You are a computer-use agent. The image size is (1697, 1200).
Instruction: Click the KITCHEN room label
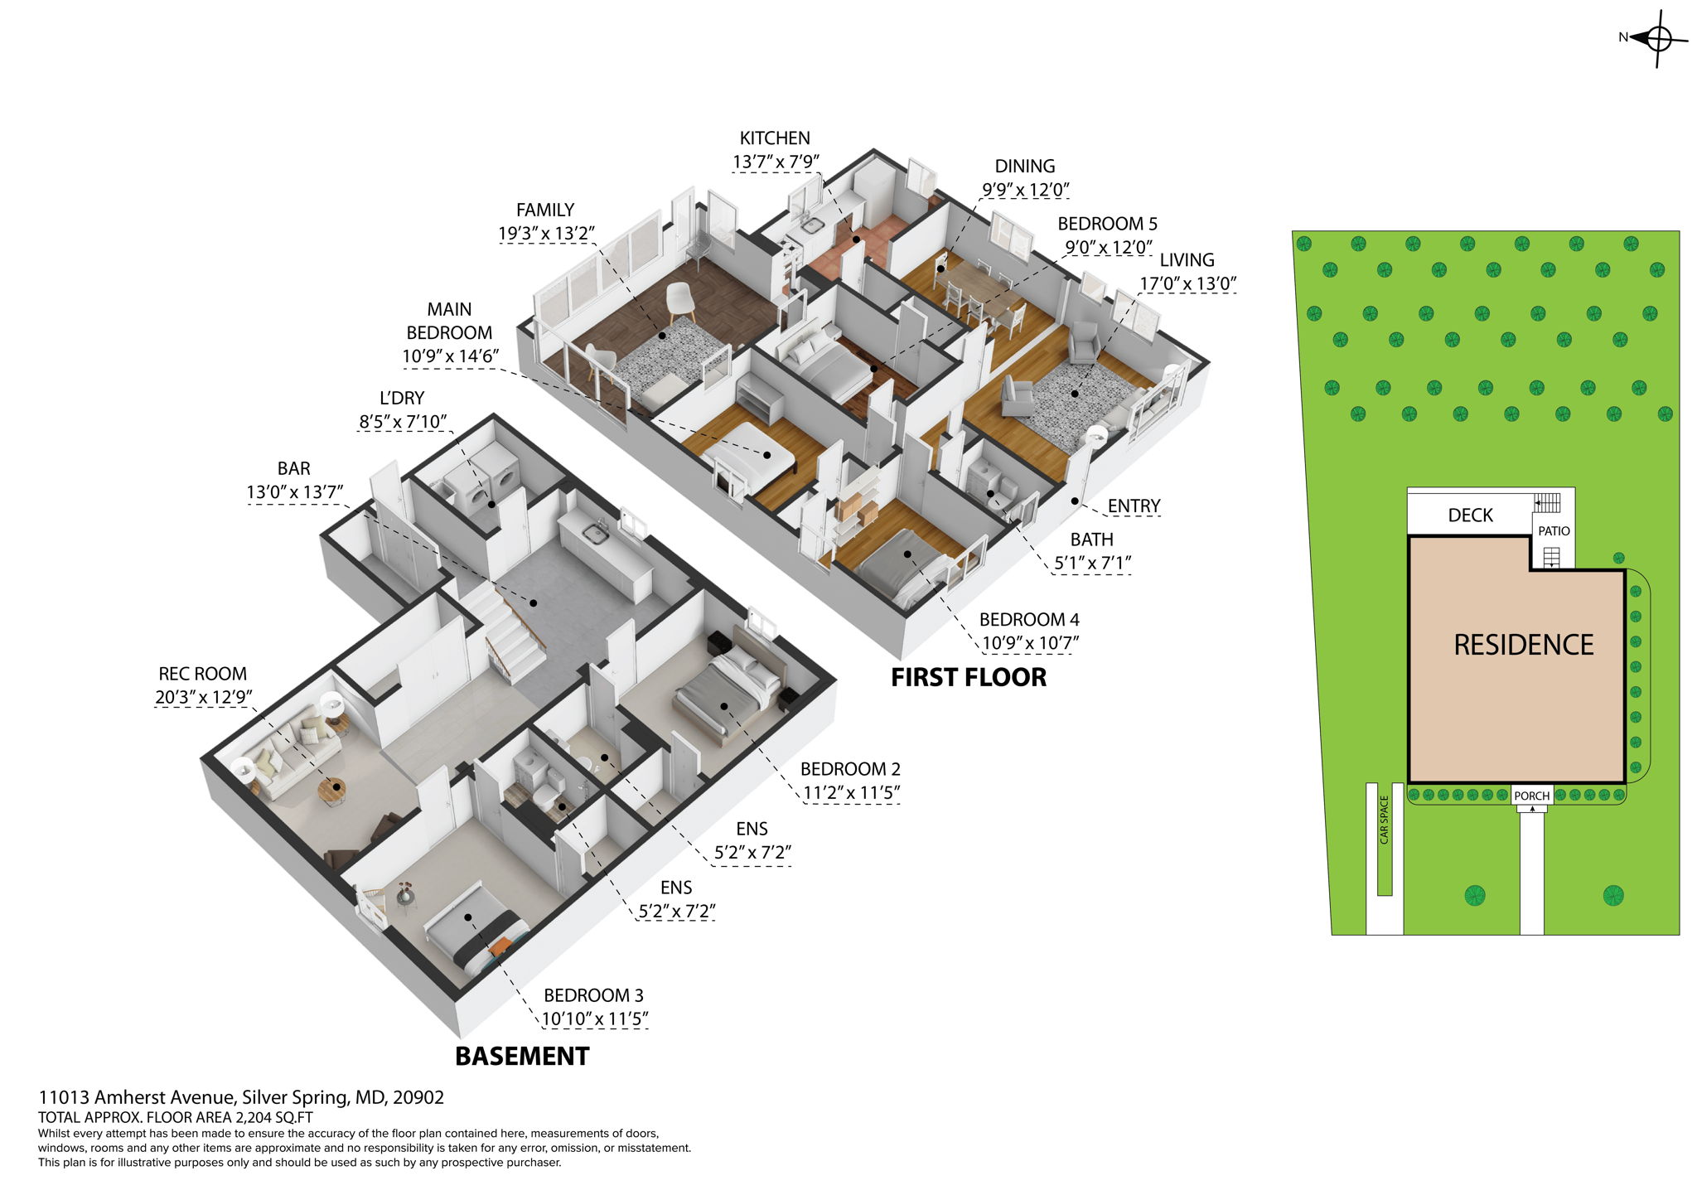click(774, 138)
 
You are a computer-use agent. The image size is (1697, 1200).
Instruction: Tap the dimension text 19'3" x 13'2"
click(546, 234)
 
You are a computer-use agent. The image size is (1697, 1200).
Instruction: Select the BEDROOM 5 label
click(1107, 224)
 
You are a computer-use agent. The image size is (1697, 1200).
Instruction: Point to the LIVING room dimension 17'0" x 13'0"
click(1187, 283)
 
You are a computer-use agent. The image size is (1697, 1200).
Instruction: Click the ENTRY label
click(1134, 506)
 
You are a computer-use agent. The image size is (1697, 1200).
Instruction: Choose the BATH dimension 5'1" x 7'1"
click(1092, 564)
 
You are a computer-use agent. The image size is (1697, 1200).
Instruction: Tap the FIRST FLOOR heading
click(968, 678)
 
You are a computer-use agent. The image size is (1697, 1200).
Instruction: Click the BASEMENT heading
click(522, 1057)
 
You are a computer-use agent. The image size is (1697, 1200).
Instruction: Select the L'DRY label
click(402, 399)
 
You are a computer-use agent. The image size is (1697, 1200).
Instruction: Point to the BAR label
click(294, 469)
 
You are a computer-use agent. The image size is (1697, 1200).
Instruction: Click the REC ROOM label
click(203, 675)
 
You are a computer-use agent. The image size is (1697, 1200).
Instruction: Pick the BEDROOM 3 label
click(593, 995)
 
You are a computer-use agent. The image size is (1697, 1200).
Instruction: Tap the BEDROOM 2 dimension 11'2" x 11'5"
click(850, 793)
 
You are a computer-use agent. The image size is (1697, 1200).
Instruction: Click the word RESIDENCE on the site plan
click(1523, 645)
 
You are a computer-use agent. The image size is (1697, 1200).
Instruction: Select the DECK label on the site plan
click(1470, 515)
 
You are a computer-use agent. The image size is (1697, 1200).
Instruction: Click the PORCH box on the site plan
click(1531, 796)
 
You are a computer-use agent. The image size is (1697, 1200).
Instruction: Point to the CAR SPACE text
click(1384, 820)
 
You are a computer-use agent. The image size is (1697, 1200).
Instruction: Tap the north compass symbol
click(1657, 38)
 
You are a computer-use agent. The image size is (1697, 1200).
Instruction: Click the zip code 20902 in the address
click(418, 1098)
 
